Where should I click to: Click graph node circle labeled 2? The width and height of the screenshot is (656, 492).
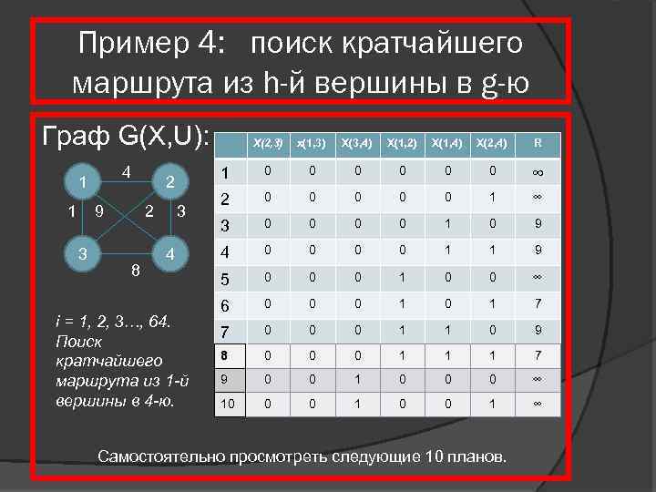pyautogui.click(x=168, y=181)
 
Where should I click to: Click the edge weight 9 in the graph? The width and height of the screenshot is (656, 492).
pyautogui.click(x=98, y=213)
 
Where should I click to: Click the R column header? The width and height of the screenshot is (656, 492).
pyautogui.click(x=538, y=142)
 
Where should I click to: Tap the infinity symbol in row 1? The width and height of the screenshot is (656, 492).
pyautogui.click(x=538, y=173)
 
